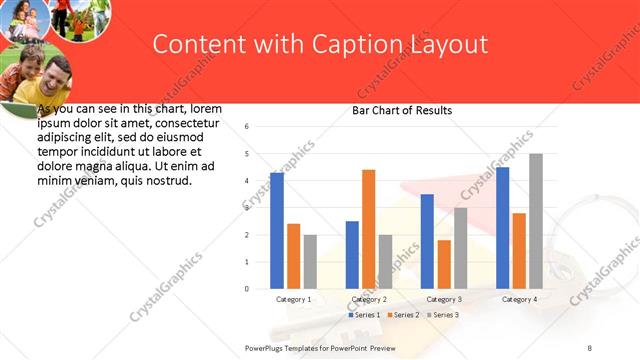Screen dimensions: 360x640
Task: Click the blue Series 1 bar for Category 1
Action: coord(277,231)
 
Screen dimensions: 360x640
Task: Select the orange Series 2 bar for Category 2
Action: coord(369,229)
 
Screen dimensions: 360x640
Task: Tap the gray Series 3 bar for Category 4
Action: coord(536,221)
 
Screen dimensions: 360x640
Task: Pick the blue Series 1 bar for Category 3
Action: coord(427,241)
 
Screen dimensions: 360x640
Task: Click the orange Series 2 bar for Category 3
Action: coord(444,264)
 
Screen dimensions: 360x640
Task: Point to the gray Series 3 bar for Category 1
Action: coord(311,262)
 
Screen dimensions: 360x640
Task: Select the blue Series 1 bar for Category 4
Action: coord(503,228)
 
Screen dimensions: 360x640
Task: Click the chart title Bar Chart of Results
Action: coord(402,110)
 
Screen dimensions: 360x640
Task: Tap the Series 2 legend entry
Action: coord(402,315)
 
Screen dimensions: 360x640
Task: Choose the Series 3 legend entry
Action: coord(443,315)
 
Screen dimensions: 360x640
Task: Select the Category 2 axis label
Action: coord(368,299)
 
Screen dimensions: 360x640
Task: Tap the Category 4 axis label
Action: coord(519,299)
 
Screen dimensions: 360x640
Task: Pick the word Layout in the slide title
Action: coord(449,44)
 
